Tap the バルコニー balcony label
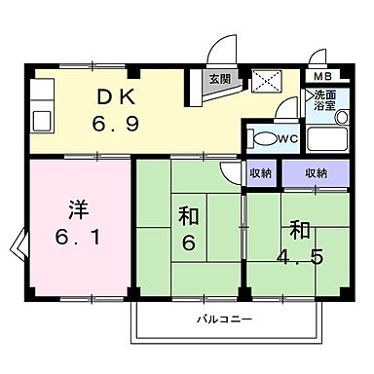pyautogui.click(x=225, y=318)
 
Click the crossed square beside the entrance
pyautogui.click(x=264, y=81)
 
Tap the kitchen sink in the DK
pyautogui.click(x=44, y=121)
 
